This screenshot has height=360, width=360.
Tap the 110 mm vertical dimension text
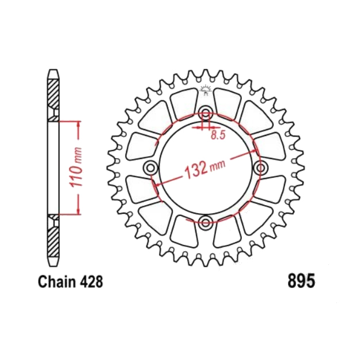pyautogui.click(x=76, y=168)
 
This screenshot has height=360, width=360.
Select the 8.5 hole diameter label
pyautogui.click(x=218, y=135)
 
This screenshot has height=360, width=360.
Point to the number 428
pyautogui.click(x=92, y=282)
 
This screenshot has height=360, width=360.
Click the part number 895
pyautogui.click(x=301, y=281)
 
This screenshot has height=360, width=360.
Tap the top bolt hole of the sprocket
pyautogui.click(x=206, y=113)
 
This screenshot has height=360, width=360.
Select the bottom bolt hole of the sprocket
pyautogui.click(x=205, y=222)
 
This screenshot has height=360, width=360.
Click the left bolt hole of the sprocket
pyautogui.click(x=151, y=168)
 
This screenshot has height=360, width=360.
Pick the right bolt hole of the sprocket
pyautogui.click(x=260, y=168)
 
